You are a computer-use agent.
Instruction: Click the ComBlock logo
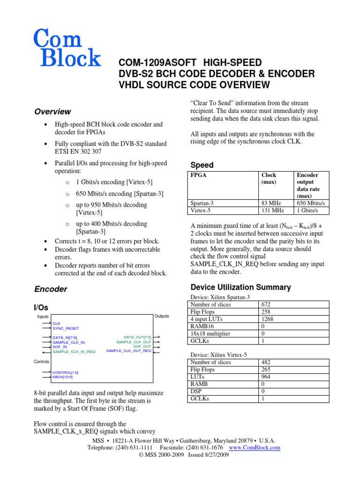click(67, 47)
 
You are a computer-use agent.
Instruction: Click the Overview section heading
click(53, 112)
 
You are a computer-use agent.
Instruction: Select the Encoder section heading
click(51, 289)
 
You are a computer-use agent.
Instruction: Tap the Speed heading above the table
click(202, 165)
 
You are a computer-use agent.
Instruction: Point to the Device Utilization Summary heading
click(240, 287)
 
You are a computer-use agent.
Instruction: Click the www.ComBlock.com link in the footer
click(254, 448)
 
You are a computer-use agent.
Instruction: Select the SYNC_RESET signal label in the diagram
click(65, 329)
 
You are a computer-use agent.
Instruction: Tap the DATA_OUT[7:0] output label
click(137, 337)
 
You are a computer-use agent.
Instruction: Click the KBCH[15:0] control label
click(62, 377)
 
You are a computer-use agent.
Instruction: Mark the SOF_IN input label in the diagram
click(60, 347)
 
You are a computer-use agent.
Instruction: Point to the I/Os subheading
click(40, 307)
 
